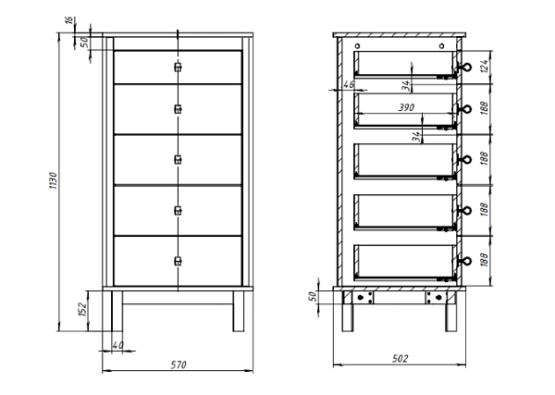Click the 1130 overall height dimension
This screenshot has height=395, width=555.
point(53,180)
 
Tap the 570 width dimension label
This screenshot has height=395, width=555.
point(178,364)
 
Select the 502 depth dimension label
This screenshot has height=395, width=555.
point(400,359)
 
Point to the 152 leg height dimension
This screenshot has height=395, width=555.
point(82,309)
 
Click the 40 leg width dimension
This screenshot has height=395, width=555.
point(117,345)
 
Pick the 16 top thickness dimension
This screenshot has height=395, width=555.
point(69,19)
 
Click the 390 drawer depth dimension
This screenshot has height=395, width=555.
point(406,107)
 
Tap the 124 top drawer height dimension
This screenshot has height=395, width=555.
point(485,67)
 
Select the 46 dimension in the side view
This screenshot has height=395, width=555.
point(349,85)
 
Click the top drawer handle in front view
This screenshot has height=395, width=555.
point(178,67)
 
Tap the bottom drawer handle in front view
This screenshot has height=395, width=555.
point(178,261)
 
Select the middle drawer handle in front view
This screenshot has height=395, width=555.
point(178,160)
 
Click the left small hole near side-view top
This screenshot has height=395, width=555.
point(357,46)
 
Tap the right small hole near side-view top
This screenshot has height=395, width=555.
point(441,46)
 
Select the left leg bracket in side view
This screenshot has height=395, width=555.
point(363,297)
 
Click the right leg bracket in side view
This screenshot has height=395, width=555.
point(436,297)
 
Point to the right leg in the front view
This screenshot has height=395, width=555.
point(239,311)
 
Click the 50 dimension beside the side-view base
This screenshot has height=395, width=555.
point(313,297)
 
